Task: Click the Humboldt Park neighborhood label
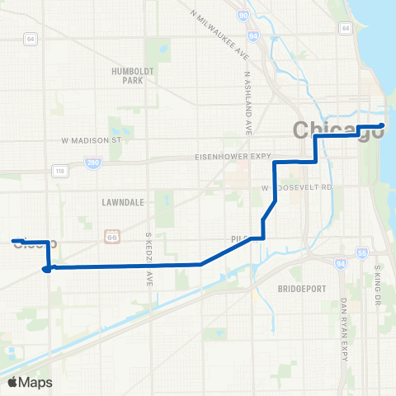click(133, 76)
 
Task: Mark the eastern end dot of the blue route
click(382, 126)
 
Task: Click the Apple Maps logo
click(29, 382)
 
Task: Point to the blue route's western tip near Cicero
click(14, 241)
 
